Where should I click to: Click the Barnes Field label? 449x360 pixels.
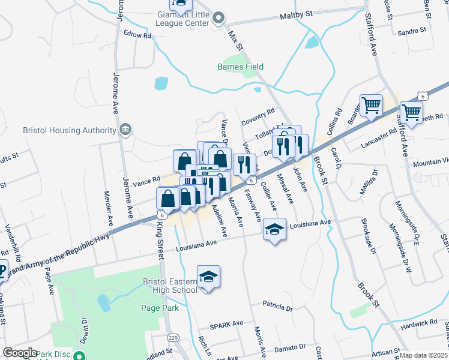point(240,67)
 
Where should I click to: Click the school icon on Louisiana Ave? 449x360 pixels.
point(274,230)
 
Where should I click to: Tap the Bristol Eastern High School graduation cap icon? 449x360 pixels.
point(208,277)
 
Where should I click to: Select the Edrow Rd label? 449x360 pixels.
point(137,35)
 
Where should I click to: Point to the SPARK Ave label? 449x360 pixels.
point(226,325)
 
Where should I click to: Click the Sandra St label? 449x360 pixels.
point(412,30)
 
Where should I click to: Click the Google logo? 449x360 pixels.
point(20,353)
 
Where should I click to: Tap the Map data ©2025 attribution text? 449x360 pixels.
point(424,355)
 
